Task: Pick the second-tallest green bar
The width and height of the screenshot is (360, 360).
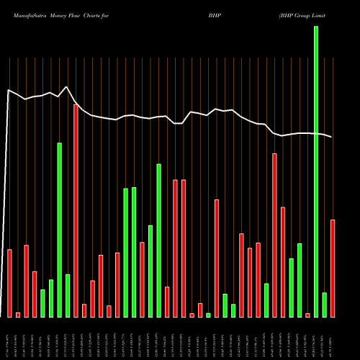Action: pos(59,230)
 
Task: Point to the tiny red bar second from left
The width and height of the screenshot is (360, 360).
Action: pos(18,315)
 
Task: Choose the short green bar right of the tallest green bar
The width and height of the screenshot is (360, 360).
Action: pos(325,305)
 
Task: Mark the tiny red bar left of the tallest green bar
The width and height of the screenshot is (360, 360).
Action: pos(307,315)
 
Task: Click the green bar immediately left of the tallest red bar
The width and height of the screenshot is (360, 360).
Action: pos(68,295)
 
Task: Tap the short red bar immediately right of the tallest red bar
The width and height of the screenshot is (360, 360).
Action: pos(84,310)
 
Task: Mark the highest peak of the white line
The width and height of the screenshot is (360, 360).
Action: pos(67,87)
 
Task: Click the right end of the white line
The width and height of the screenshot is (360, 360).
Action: pos(333,137)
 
